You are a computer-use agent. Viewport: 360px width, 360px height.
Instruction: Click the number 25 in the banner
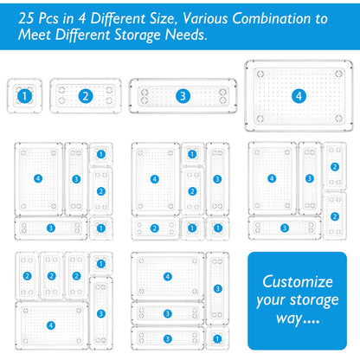26,19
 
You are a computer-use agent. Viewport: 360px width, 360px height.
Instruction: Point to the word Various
205,19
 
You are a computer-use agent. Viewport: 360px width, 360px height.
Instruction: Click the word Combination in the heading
272,19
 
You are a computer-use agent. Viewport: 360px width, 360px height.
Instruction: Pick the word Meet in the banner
35,35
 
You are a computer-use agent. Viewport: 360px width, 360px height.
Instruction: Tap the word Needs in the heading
186,35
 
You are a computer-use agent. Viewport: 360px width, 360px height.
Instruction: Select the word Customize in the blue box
298,281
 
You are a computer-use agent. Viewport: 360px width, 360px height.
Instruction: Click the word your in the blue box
270,301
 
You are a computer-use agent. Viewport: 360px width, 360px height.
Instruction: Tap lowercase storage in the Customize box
314,301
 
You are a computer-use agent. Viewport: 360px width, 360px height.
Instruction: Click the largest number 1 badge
24,96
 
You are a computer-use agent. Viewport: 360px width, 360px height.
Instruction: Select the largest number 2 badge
86,96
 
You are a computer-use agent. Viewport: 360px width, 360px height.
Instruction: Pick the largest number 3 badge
183,96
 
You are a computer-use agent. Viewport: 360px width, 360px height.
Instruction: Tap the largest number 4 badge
299,96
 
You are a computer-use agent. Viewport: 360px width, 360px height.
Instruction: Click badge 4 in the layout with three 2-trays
51,325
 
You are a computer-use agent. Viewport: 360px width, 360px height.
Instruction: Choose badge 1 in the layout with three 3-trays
217,339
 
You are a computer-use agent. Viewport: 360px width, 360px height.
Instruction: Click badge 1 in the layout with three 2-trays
101,264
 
